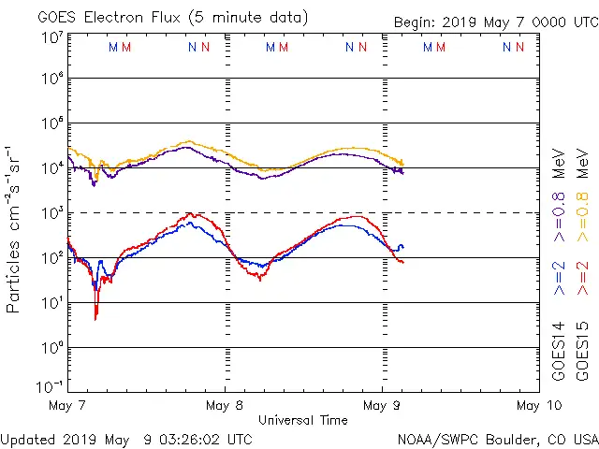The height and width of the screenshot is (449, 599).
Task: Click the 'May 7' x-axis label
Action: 67,406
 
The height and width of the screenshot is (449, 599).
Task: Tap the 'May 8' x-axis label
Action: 225,406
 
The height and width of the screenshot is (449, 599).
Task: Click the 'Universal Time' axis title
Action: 302,421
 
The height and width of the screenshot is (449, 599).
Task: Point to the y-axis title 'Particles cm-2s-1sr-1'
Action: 17,229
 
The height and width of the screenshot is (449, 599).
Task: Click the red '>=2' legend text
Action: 582,279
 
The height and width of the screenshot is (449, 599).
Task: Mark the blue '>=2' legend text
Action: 559,279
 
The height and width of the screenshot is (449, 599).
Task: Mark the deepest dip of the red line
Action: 95,319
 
